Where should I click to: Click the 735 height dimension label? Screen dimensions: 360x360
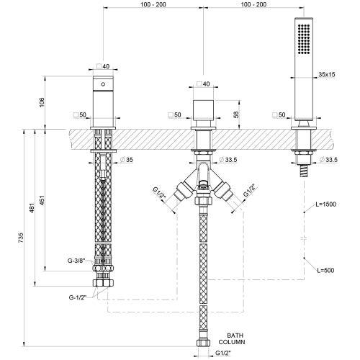coord(21,238)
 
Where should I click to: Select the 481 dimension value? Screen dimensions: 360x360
coord(32,208)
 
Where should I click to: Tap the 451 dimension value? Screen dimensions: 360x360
coord(42,200)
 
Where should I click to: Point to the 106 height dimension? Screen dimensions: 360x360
coord(42,102)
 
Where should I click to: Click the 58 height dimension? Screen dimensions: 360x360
coord(236,114)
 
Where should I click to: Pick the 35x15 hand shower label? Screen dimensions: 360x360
coord(327,74)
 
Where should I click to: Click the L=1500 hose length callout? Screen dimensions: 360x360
coord(325,204)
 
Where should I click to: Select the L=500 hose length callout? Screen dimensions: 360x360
coord(325,270)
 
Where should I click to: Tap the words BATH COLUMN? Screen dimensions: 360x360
coord(232,338)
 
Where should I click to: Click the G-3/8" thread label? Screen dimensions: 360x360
coord(76,261)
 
